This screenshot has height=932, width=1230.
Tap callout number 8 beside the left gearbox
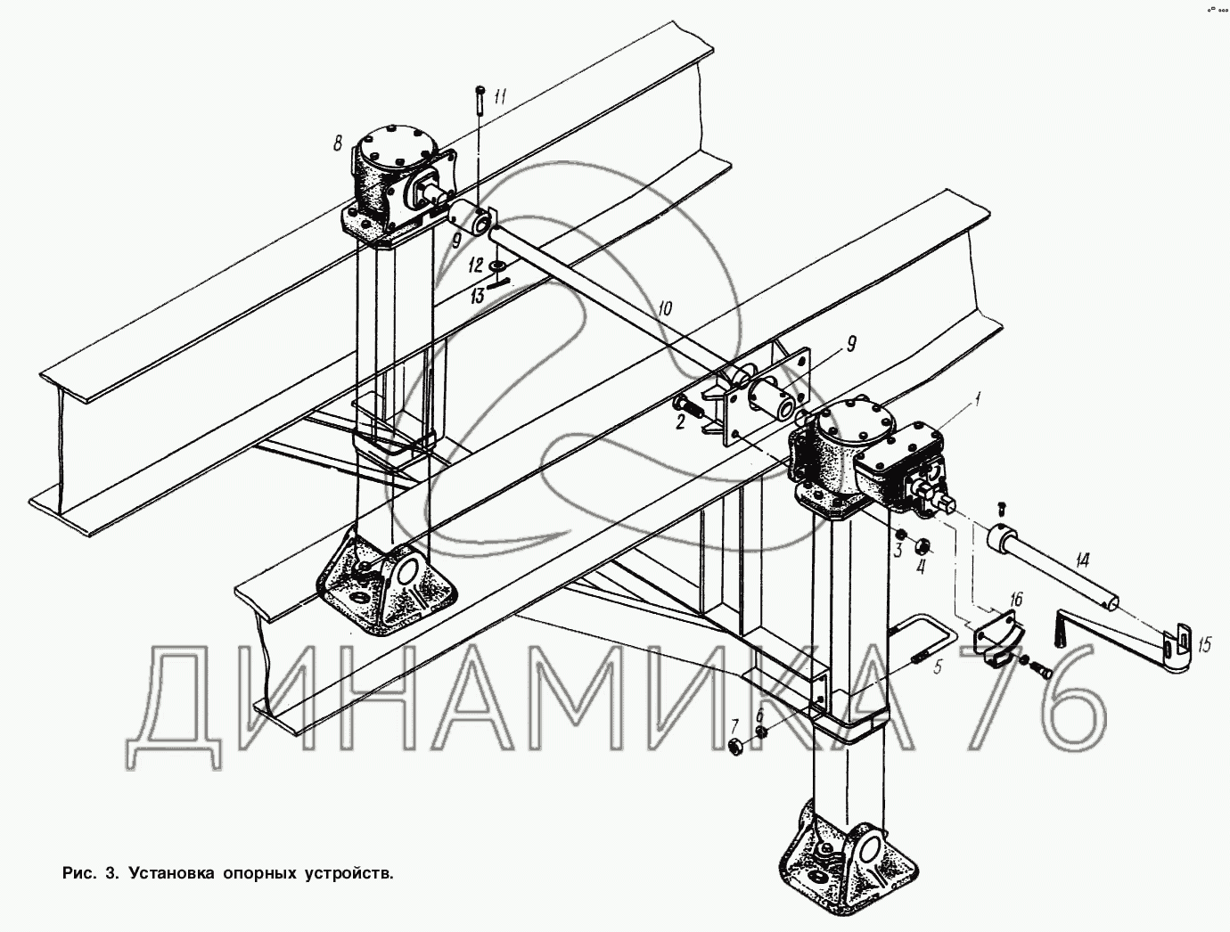click(338, 143)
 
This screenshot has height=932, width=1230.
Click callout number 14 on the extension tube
click(1082, 561)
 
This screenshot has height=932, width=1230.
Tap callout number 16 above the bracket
click(1015, 598)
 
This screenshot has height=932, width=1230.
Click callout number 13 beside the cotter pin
click(478, 296)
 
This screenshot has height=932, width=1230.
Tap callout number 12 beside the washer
click(476, 265)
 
